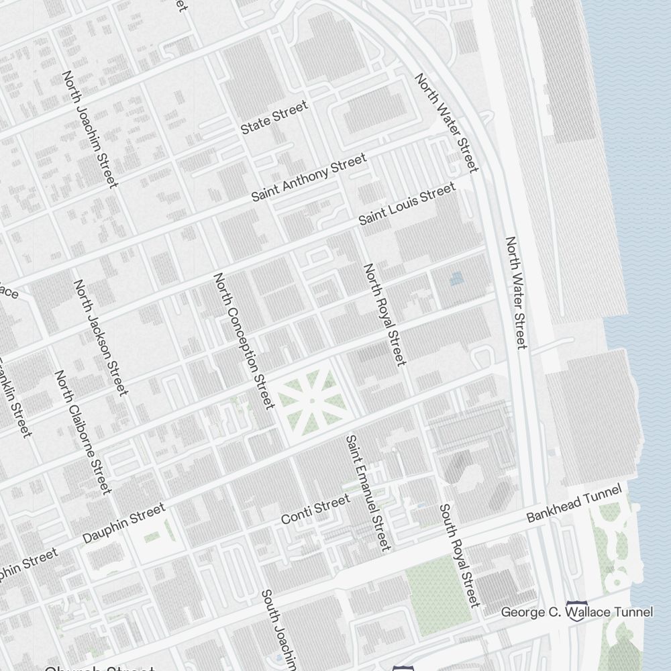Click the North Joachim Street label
(90, 130)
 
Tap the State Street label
(274, 117)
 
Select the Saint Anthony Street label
(309, 177)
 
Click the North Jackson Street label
(101, 338)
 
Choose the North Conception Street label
(244, 340)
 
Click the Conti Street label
(315, 509)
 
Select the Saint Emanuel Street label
(367, 493)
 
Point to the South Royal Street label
(460, 556)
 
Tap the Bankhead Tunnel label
(574, 506)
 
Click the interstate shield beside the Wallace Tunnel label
(576, 611)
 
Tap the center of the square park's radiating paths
(312, 401)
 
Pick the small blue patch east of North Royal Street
(456, 278)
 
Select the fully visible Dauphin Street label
(123, 523)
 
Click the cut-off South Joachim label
(278, 629)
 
